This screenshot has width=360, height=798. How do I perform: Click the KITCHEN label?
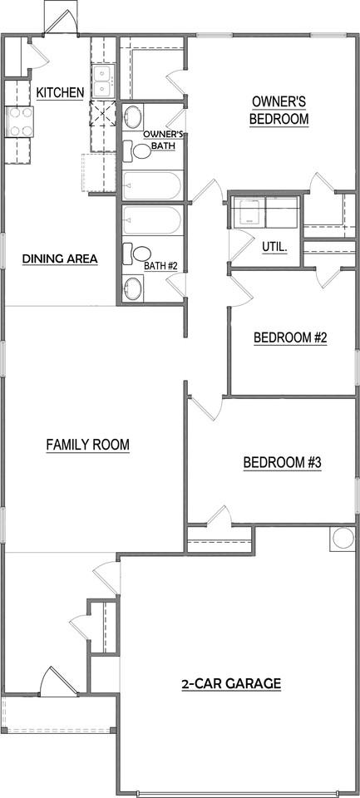click(59, 92)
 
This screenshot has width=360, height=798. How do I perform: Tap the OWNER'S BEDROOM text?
click(279, 110)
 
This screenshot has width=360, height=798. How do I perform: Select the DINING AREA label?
click(60, 259)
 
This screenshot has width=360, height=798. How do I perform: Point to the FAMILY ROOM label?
click(87, 445)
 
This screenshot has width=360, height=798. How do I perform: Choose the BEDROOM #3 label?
click(282, 463)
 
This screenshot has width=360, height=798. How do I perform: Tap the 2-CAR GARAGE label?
click(231, 684)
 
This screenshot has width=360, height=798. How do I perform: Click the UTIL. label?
click(274, 247)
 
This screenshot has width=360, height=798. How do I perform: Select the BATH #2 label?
click(160, 266)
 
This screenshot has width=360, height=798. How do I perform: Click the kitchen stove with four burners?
click(18, 123)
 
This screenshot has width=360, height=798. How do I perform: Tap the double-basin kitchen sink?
click(102, 81)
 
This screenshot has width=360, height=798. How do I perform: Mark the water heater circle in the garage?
click(343, 538)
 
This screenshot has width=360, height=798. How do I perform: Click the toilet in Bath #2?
click(137, 254)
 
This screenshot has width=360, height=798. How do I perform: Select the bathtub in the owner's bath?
click(151, 185)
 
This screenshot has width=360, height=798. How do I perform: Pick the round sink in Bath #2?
click(133, 290)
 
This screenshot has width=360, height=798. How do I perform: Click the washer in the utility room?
click(249, 213)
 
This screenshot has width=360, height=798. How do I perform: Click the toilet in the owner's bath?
click(136, 151)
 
